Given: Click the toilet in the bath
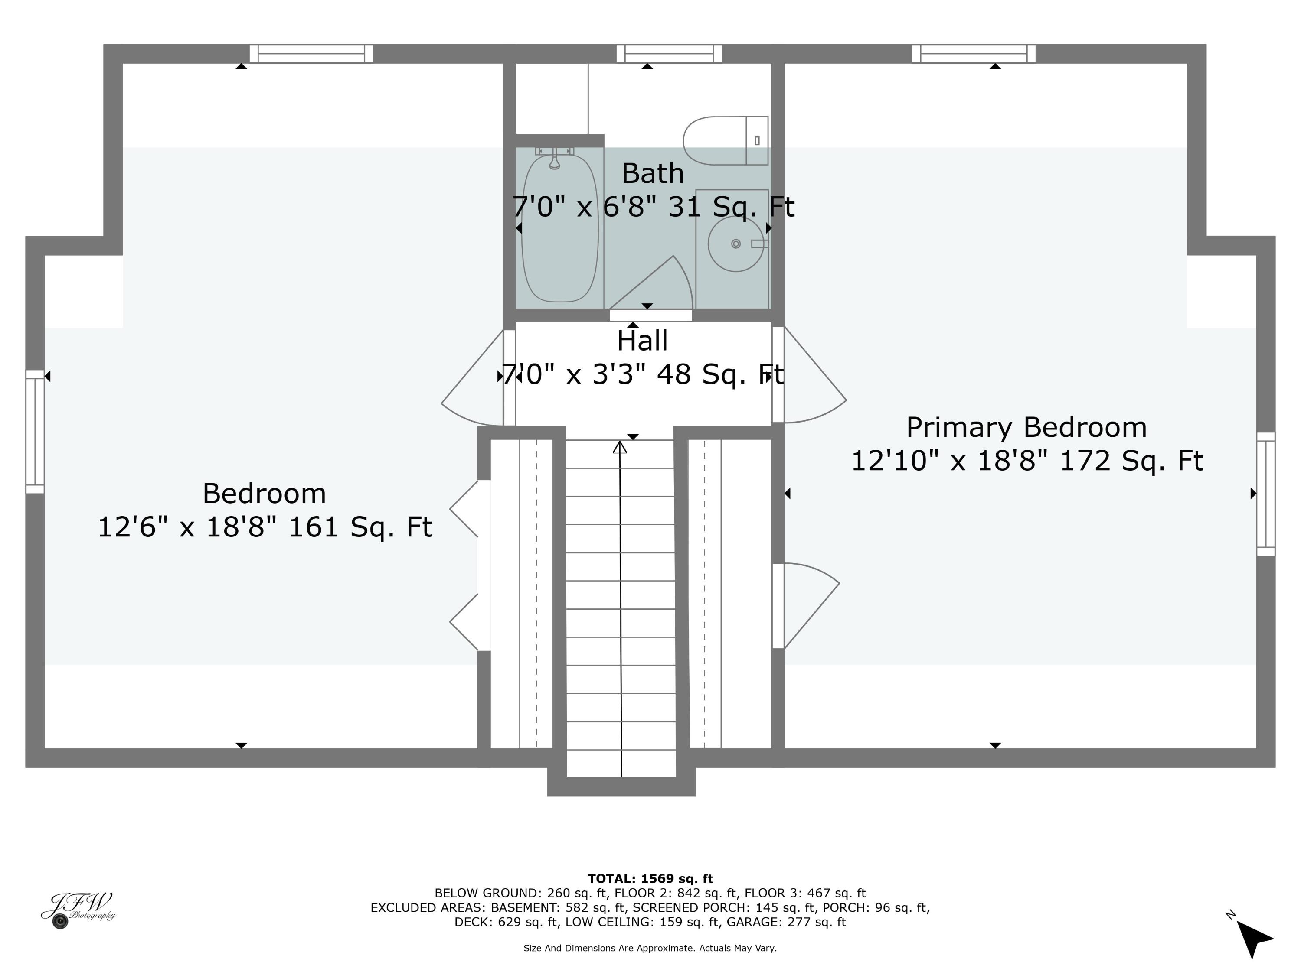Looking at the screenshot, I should coord(725,141).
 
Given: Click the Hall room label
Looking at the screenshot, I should coord(642,341).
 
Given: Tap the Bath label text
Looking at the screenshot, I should coord(652,173).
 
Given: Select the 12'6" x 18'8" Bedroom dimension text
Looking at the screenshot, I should coord(265,527).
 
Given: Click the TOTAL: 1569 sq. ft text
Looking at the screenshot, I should coord(650,879).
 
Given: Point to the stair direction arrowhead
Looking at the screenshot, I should coord(619,448).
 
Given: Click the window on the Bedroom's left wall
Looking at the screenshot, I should coord(35,431).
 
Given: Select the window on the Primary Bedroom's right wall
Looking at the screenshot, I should coord(1266,494).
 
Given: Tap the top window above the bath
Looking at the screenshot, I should coord(669,53).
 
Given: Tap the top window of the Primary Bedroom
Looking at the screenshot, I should coord(974,53).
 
